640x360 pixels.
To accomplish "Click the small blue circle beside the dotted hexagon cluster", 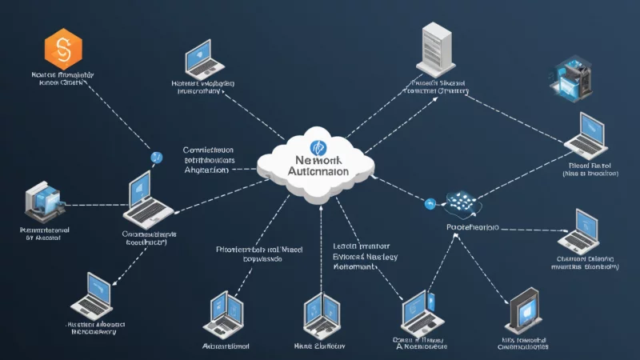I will click(429, 204).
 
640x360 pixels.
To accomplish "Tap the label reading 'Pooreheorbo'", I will click(472, 227).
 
